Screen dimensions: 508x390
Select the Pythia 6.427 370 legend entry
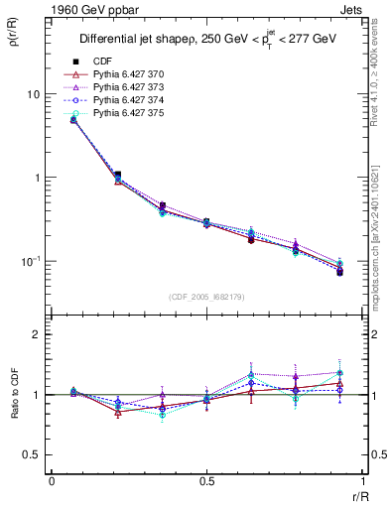pyautogui.click(x=119, y=74)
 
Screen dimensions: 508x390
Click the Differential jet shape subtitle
pyautogui.click(x=206, y=39)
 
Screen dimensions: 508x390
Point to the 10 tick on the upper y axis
pyautogui.click(x=33, y=94)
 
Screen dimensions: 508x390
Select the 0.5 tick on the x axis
pyautogui.click(x=206, y=480)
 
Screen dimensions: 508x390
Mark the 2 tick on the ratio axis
pyautogui.click(x=39, y=334)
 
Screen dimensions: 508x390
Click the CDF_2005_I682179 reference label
pyautogui.click(x=205, y=297)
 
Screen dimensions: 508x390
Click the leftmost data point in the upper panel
pyautogui.click(x=73, y=119)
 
